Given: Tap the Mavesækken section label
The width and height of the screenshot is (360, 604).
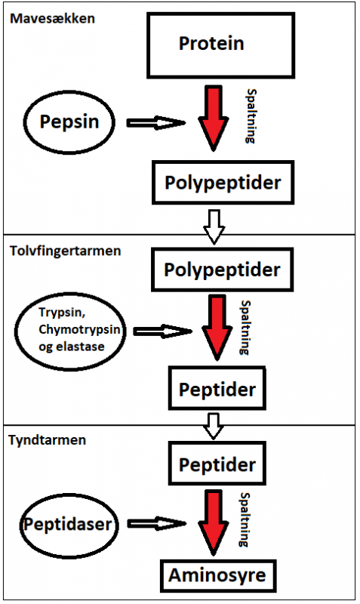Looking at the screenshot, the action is (52, 18).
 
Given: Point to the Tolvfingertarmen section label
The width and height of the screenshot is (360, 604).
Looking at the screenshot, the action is (66, 251).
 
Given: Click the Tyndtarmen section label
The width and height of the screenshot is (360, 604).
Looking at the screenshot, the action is (48, 440).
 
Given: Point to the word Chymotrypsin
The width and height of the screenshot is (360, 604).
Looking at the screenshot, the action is (79, 330).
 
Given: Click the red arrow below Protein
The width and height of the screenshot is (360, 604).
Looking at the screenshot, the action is (214, 118).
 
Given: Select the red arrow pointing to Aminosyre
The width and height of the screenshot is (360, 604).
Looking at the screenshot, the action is (214, 522).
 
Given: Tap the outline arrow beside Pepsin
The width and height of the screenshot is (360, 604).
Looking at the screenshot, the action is (156, 122).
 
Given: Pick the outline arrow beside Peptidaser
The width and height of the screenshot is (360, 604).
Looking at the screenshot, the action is (157, 523).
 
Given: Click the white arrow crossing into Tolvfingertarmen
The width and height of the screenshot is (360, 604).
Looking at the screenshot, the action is (214, 227).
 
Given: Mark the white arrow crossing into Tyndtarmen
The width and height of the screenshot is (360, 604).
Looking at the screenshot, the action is (214, 427).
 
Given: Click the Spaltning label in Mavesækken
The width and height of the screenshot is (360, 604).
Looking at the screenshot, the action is (251, 116).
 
